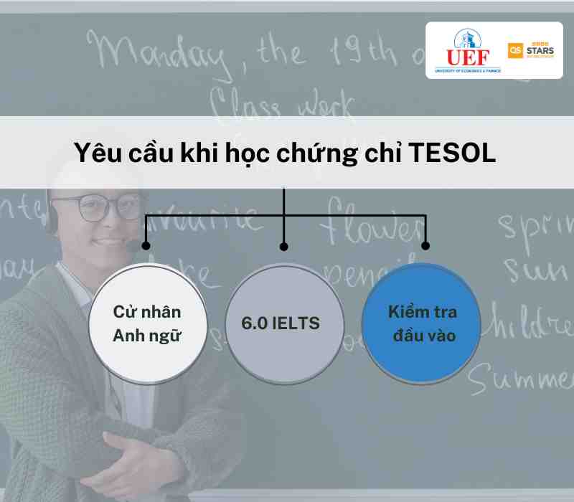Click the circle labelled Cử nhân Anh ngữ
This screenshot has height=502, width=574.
[x=147, y=323]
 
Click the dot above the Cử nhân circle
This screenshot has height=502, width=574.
[x=146, y=245]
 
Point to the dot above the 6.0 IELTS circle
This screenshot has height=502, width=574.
[x=283, y=246]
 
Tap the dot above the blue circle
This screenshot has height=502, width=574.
[x=425, y=245]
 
